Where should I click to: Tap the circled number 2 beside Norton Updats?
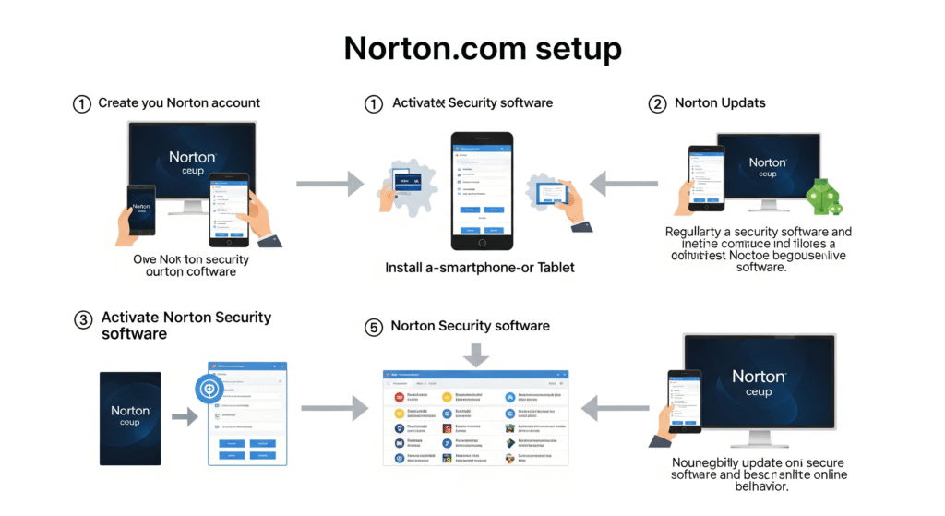click(x=657, y=103)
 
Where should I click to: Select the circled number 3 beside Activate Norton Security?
click(x=83, y=319)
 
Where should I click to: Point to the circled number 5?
click(x=373, y=327)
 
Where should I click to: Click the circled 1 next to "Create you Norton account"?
click(x=81, y=103)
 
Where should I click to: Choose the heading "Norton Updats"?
click(x=720, y=103)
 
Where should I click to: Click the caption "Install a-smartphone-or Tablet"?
click(x=479, y=268)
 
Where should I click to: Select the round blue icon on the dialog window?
click(x=209, y=389)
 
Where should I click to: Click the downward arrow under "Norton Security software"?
click(x=477, y=354)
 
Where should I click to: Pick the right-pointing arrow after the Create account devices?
click(x=329, y=184)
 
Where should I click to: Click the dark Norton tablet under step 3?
click(x=130, y=417)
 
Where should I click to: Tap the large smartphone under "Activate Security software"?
click(x=481, y=191)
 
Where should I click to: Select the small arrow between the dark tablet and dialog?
click(x=185, y=417)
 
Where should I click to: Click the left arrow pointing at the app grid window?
click(x=614, y=406)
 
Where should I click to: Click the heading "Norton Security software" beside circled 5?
click(x=470, y=326)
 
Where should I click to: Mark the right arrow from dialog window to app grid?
click(x=333, y=406)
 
